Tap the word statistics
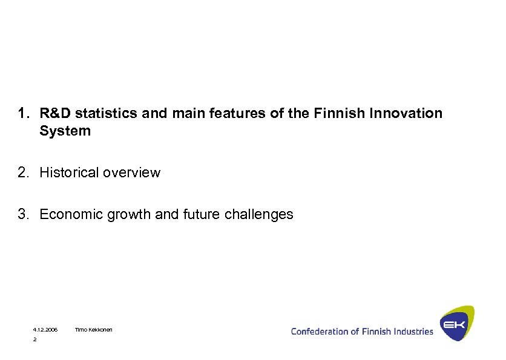click(x=100, y=113)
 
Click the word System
click(x=65, y=131)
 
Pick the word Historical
click(x=69, y=172)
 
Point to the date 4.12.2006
click(x=45, y=330)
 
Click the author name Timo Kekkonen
click(x=93, y=330)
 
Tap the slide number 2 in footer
click(x=34, y=340)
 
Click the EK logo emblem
click(x=456, y=324)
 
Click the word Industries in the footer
click(x=414, y=331)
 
